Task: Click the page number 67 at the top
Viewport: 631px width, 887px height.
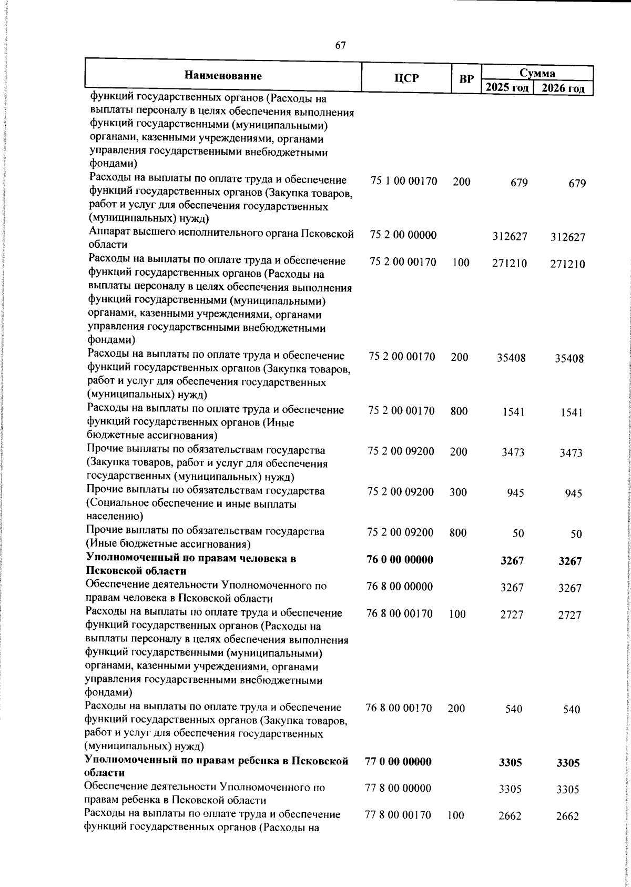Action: coord(340,45)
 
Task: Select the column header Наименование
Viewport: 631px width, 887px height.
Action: coord(223,76)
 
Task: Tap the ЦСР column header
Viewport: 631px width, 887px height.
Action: coord(407,78)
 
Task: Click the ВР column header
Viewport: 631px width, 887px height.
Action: coord(466,79)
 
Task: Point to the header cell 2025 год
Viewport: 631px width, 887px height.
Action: coord(507,87)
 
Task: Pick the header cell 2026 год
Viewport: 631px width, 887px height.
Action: coord(563,88)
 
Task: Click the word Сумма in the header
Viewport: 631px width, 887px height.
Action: coord(537,73)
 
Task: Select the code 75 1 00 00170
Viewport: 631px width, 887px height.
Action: coord(404,182)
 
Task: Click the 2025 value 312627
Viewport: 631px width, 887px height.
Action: coord(510,237)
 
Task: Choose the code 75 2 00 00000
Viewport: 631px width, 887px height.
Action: coord(403,235)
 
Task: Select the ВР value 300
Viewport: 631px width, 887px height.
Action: coord(459,492)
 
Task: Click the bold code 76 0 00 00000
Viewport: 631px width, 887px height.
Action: coord(400,559)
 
